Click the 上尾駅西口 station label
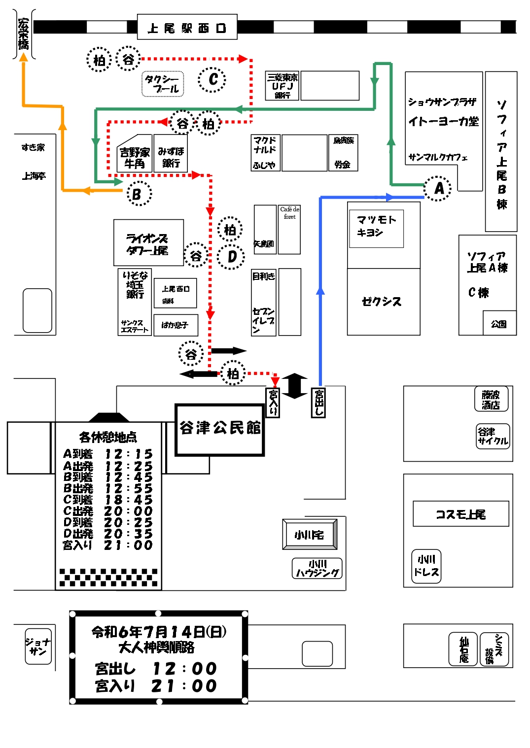[x=187, y=28]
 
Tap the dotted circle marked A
[x=438, y=188]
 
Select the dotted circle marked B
[x=138, y=194]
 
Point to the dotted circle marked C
[x=212, y=79]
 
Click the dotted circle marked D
[x=231, y=257]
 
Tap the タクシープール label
[x=163, y=84]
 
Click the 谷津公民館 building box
[x=220, y=429]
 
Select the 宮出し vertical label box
[x=318, y=403]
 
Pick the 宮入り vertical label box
[x=273, y=402]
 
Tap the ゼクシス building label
[x=382, y=301]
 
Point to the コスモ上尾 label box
[x=460, y=514]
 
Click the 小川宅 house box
[x=310, y=535]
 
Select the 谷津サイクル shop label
[x=493, y=436]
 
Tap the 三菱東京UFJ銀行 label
[x=282, y=86]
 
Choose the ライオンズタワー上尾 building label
[x=148, y=244]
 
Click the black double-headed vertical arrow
[x=295, y=386]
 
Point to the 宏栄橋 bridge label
[x=23, y=34]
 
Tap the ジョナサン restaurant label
[x=38, y=646]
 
